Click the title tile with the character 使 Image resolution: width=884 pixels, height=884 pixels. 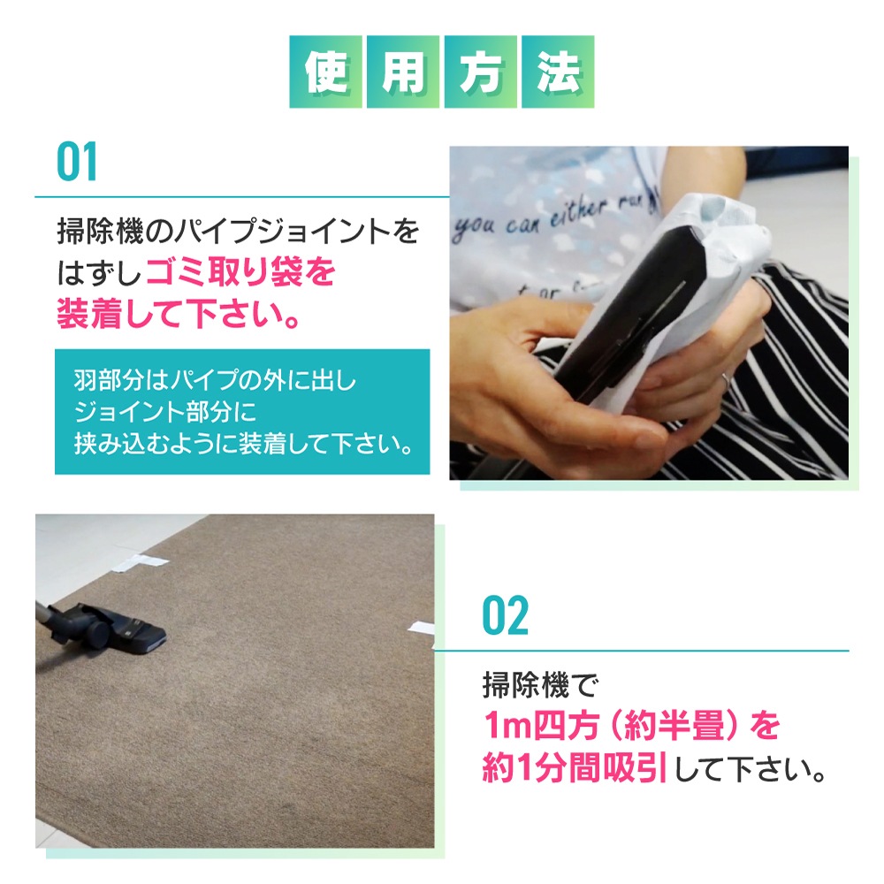[326, 72]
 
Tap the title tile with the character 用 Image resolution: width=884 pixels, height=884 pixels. [403, 72]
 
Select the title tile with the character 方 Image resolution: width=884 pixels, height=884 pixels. [480, 72]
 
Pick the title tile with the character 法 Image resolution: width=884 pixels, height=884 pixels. [557, 72]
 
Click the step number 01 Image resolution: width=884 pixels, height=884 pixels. [77, 161]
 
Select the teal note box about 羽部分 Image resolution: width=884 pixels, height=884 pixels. [241, 411]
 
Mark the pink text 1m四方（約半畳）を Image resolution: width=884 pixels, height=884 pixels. [632, 726]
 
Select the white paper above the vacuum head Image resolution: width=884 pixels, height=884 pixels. [141, 561]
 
